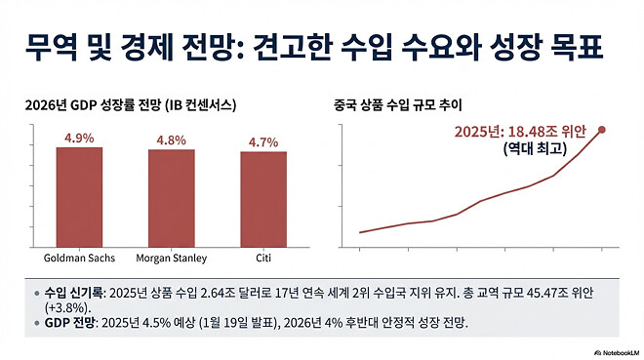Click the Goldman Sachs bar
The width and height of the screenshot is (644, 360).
click(79, 197)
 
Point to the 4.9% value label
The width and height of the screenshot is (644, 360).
click(79, 139)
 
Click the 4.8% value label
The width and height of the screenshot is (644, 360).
click(171, 140)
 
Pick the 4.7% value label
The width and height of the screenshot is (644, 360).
click(263, 142)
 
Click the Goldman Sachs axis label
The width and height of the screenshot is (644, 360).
click(79, 259)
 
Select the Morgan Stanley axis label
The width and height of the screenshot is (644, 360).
click(171, 259)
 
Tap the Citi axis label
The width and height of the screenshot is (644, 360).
click(263, 259)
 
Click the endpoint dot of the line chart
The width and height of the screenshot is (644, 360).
click(602, 129)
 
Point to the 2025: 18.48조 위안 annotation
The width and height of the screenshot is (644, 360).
click(524, 131)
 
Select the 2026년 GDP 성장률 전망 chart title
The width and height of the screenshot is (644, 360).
click(134, 103)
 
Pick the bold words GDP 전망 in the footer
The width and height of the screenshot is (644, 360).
click(75, 323)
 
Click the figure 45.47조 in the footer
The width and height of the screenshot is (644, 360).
click(546, 292)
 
